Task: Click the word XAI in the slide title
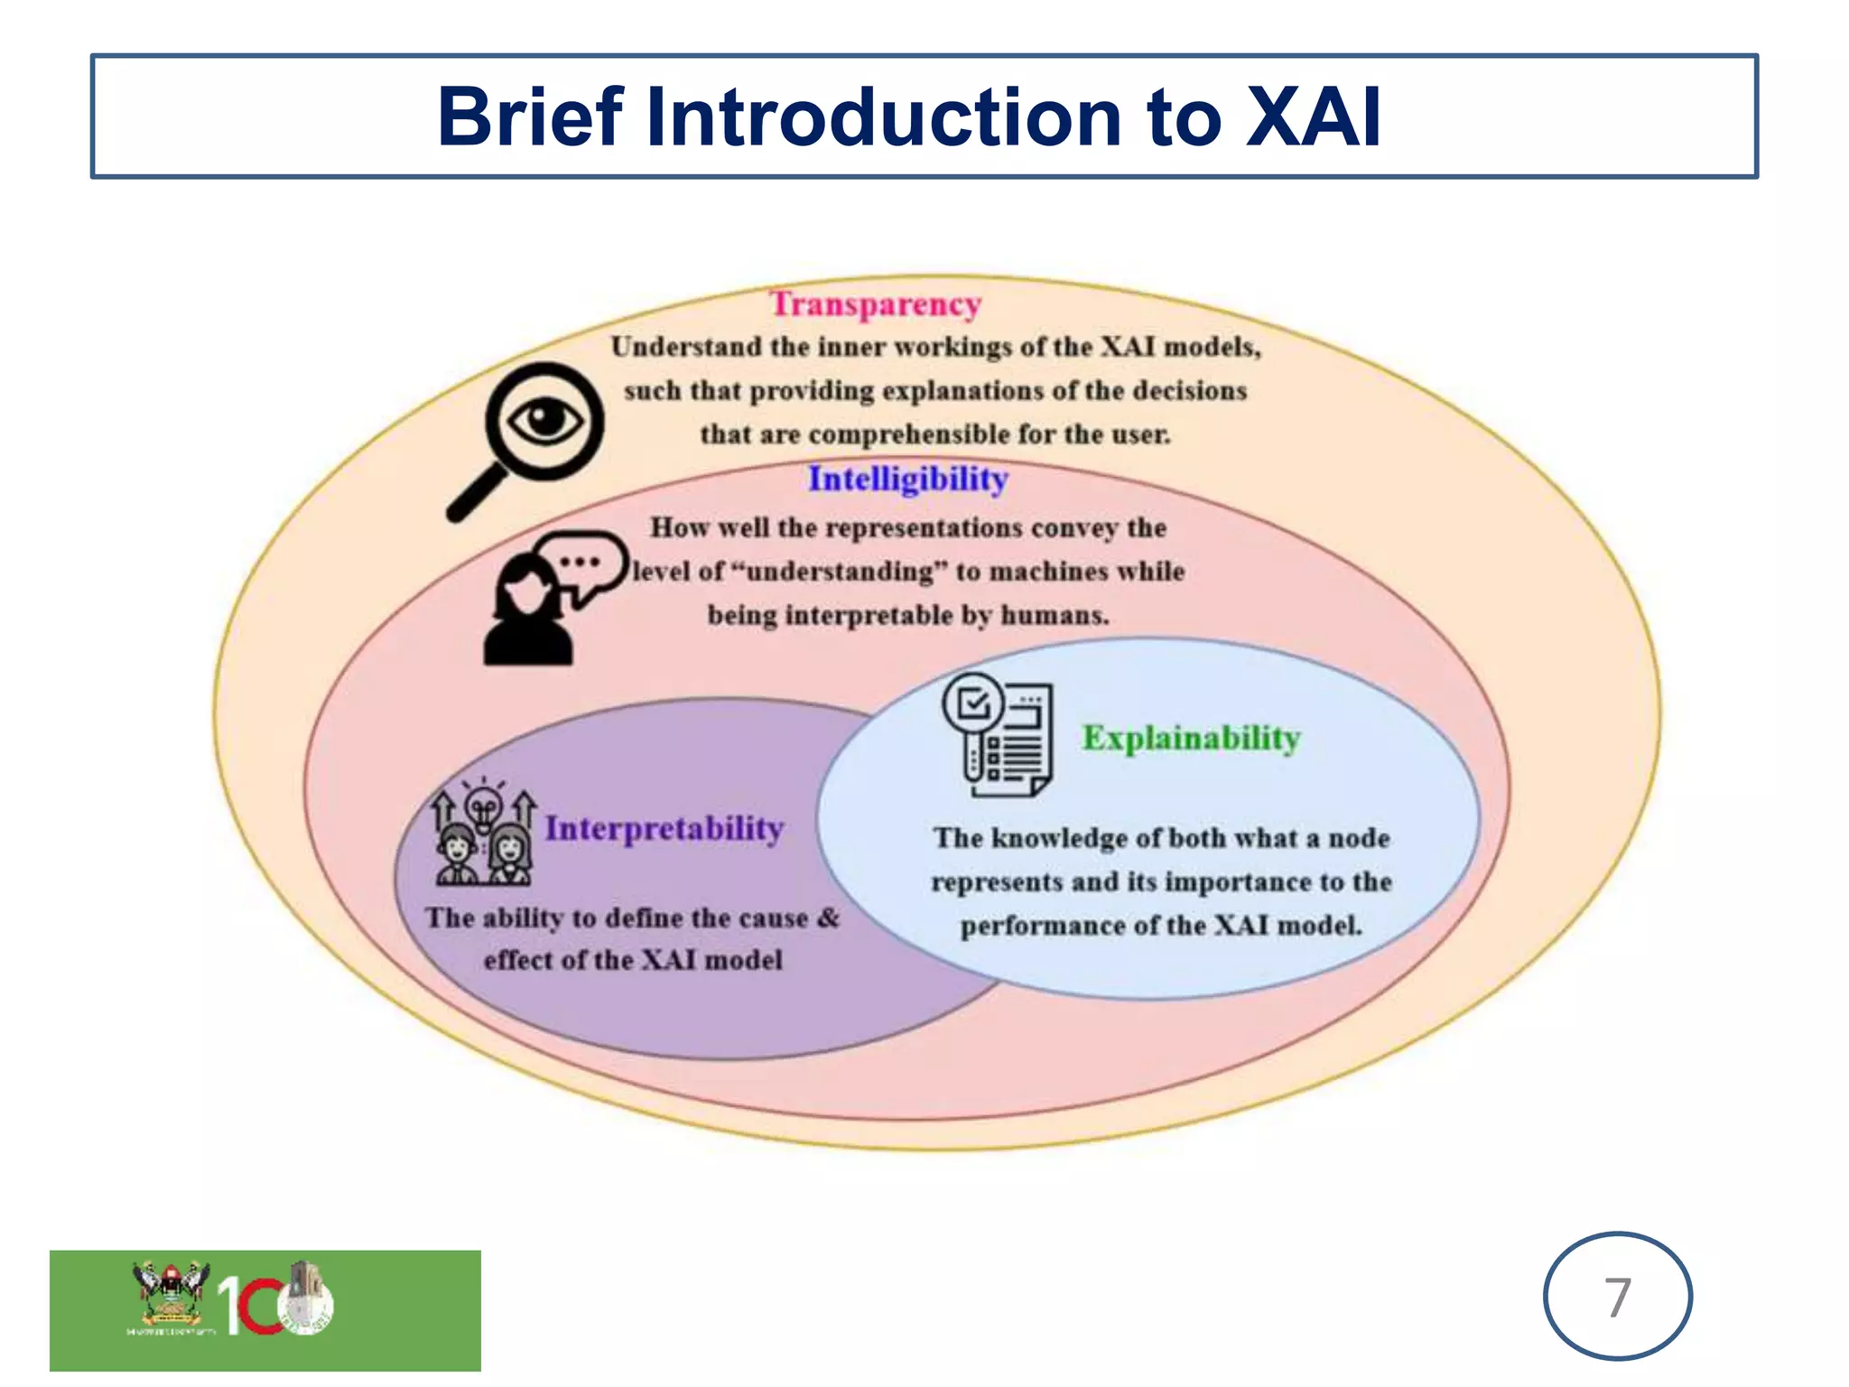click(x=1313, y=117)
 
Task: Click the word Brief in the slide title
click(x=530, y=117)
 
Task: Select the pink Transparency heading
click(x=875, y=304)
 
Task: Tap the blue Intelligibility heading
click(x=907, y=479)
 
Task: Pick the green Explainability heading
click(x=1191, y=738)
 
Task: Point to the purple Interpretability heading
click(x=664, y=828)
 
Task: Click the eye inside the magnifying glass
click(x=544, y=421)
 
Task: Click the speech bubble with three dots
click(x=582, y=563)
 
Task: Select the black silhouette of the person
click(x=526, y=614)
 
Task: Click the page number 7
click(x=1617, y=1297)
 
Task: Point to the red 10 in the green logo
click(x=248, y=1306)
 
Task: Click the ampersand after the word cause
click(x=828, y=918)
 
